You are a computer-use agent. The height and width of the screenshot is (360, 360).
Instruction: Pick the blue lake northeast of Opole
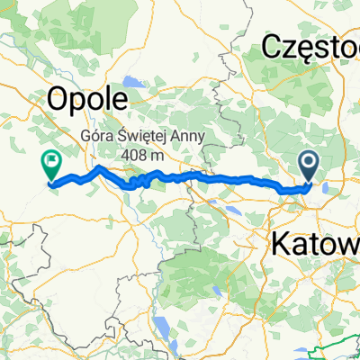135,83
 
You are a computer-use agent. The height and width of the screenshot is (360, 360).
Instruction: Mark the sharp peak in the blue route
98,166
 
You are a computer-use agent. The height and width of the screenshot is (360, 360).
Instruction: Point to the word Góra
100,138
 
